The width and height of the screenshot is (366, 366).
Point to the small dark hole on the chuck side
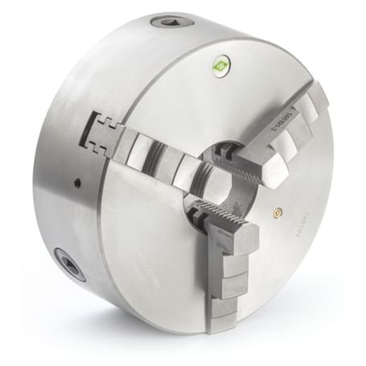click(x=77, y=183)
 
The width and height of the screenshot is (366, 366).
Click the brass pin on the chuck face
click(x=278, y=213)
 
